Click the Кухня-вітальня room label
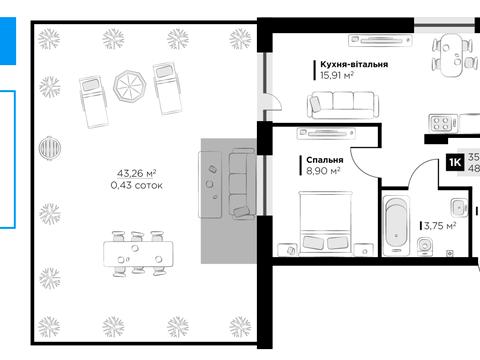coord(354,64)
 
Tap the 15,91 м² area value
coord(337,75)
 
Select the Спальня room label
coord(325,160)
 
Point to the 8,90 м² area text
coord(323,171)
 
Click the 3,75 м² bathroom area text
coord(440,226)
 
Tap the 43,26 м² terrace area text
coord(136,173)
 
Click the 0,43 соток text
coord(136,185)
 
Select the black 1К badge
coord(455,162)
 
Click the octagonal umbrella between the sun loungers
coord(130,86)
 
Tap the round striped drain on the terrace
coord(50,148)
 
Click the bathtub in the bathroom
coord(396,225)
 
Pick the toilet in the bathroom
coord(425,246)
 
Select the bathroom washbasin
coord(459,207)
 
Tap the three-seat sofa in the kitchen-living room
coord(343,105)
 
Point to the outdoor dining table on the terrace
coord(138,254)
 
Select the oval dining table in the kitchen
coord(451,55)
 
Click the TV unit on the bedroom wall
coord(326,134)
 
